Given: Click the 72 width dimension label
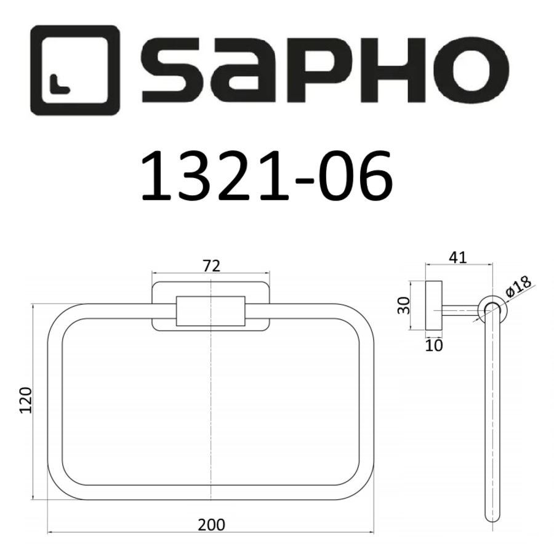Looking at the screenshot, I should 211,266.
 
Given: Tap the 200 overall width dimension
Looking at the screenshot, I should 211,525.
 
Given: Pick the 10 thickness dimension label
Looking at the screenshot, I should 434,345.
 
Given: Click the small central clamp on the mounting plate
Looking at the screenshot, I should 211,311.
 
